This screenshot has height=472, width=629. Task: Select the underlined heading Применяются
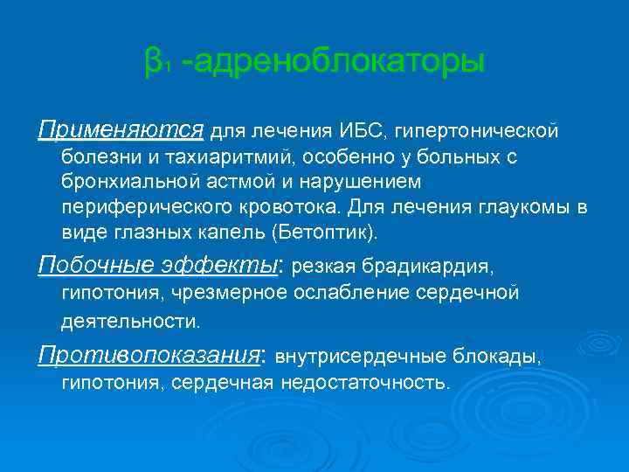tap(121, 131)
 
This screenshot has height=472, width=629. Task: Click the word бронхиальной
tap(118, 184)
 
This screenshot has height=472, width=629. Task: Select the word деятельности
tap(130, 321)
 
